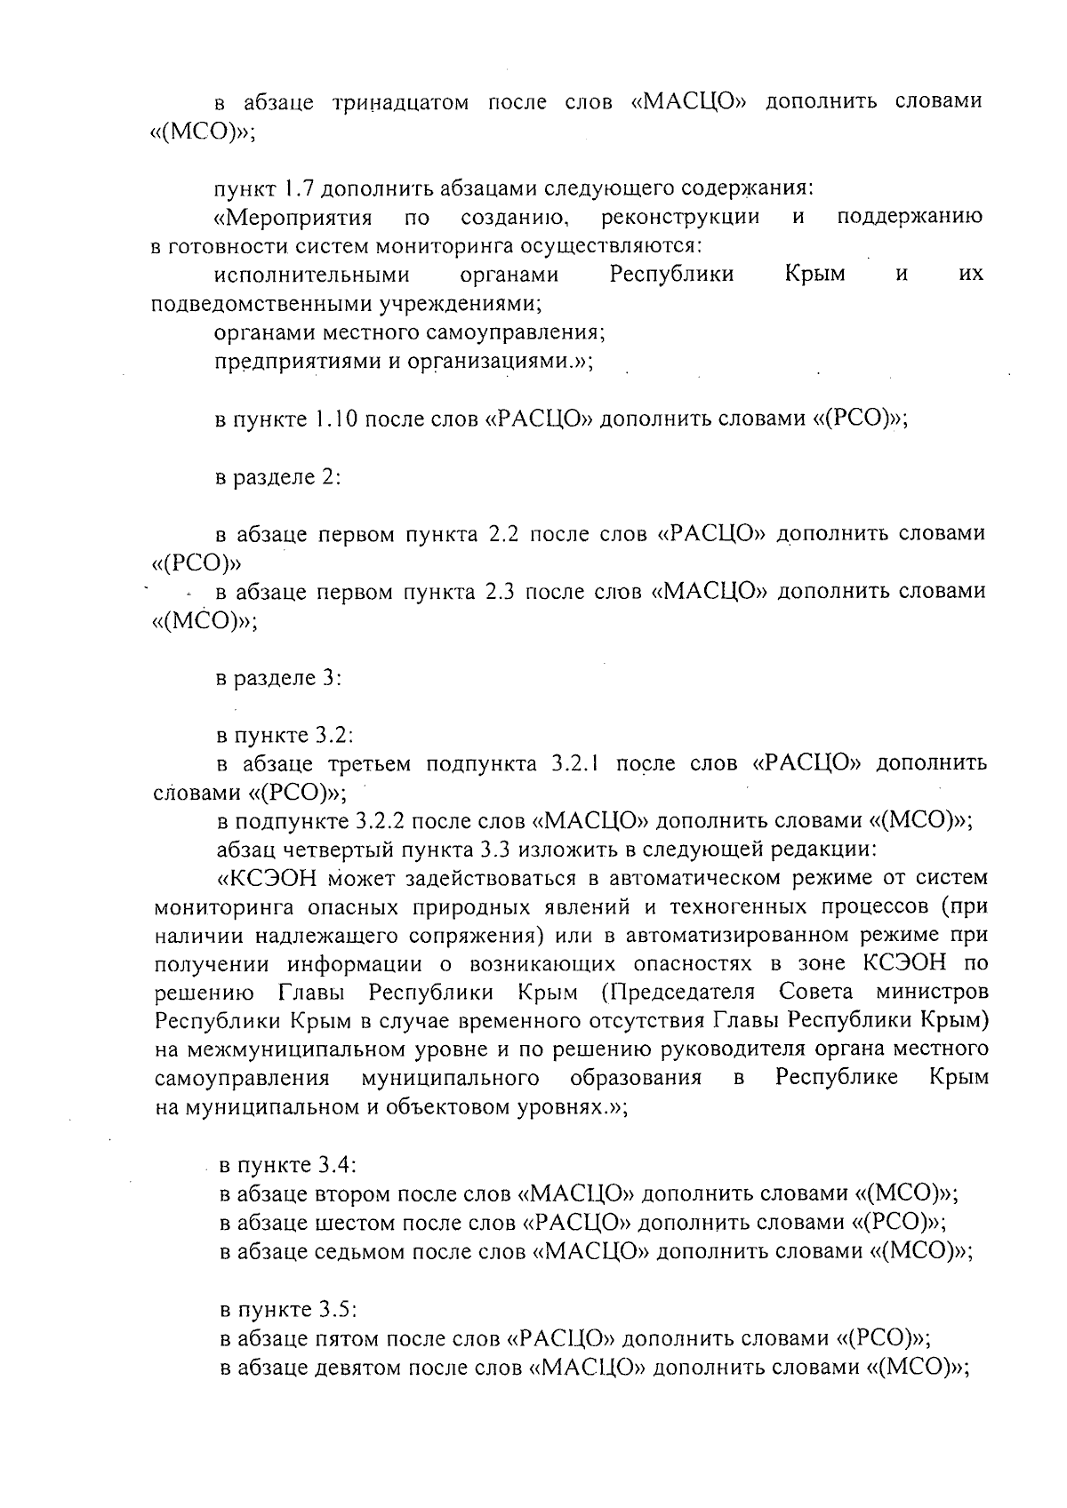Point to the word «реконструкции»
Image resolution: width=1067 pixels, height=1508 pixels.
pos(680,218)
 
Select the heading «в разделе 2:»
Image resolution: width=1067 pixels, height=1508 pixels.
pos(279,476)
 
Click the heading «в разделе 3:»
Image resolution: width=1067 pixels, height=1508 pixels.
pos(279,679)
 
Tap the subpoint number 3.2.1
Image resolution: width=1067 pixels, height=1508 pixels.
pos(579,764)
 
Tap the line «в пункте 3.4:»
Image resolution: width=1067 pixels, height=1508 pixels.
pos(288,1165)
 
